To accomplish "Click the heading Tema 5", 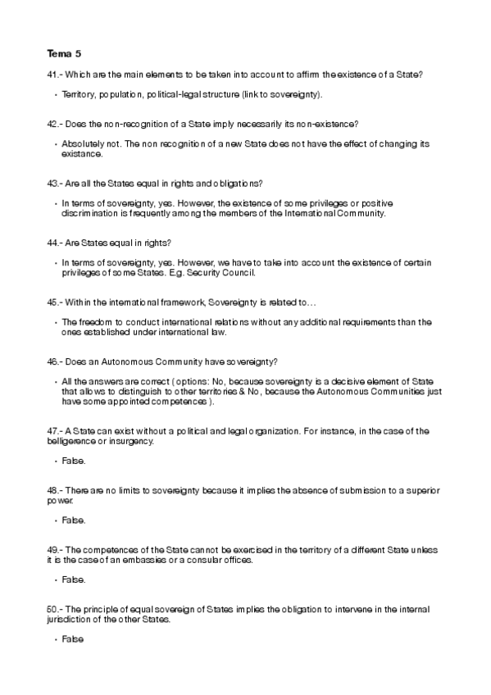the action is [x=64, y=54].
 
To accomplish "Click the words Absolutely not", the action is [x=89, y=143].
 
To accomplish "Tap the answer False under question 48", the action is [x=73, y=520].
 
